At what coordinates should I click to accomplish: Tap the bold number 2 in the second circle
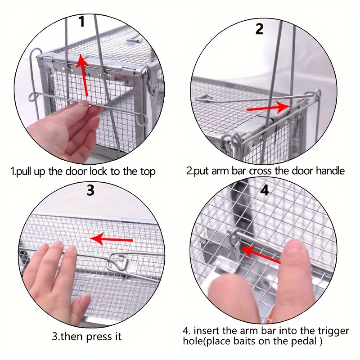click(260, 29)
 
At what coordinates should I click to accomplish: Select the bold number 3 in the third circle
click(90, 190)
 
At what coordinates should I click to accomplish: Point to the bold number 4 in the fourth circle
click(265, 190)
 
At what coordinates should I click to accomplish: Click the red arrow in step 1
click(83, 75)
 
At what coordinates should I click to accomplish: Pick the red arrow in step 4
click(260, 254)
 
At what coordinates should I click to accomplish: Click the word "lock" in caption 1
click(98, 171)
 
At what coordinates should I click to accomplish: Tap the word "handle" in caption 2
click(330, 171)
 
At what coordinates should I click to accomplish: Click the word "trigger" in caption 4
click(333, 331)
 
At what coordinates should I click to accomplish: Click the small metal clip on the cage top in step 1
click(133, 41)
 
